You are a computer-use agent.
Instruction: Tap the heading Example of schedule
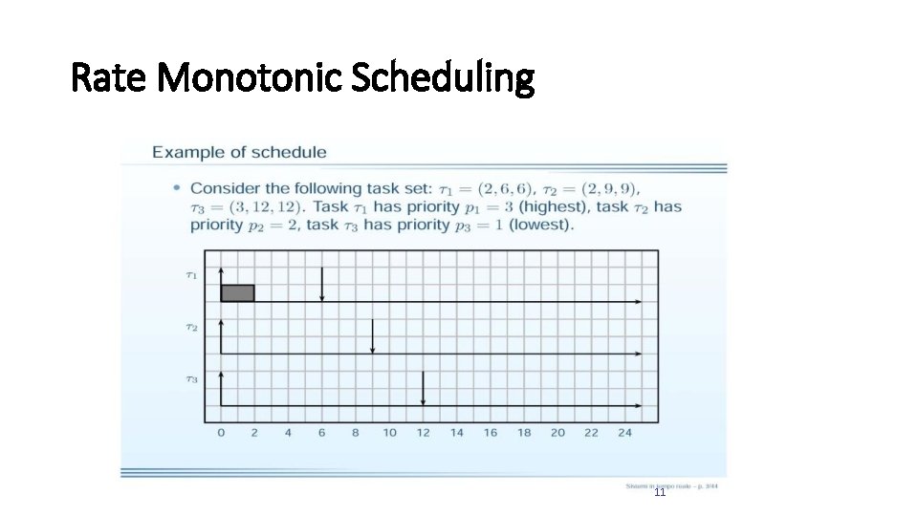pos(239,152)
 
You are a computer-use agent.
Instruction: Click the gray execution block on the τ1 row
pos(237,292)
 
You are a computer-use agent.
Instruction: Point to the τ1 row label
pos(191,275)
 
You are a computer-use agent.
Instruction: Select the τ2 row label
pos(191,328)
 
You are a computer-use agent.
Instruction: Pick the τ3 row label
pos(191,379)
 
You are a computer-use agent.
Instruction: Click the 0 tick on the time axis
pos(221,433)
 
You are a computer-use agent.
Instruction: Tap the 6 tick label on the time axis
pos(321,433)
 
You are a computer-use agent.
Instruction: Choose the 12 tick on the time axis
pos(423,433)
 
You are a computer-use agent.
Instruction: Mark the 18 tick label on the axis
pos(524,433)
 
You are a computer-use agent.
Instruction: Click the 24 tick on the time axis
pos(624,433)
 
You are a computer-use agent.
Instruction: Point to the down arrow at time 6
pos(322,284)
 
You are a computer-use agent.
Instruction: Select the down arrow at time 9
pos(373,335)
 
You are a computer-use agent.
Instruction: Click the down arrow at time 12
pos(423,387)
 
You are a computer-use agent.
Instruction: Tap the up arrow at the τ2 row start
pos(222,335)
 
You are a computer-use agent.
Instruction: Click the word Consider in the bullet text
pos(221,188)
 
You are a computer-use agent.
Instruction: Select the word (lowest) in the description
pos(541,226)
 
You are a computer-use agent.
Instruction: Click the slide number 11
pos(660,493)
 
